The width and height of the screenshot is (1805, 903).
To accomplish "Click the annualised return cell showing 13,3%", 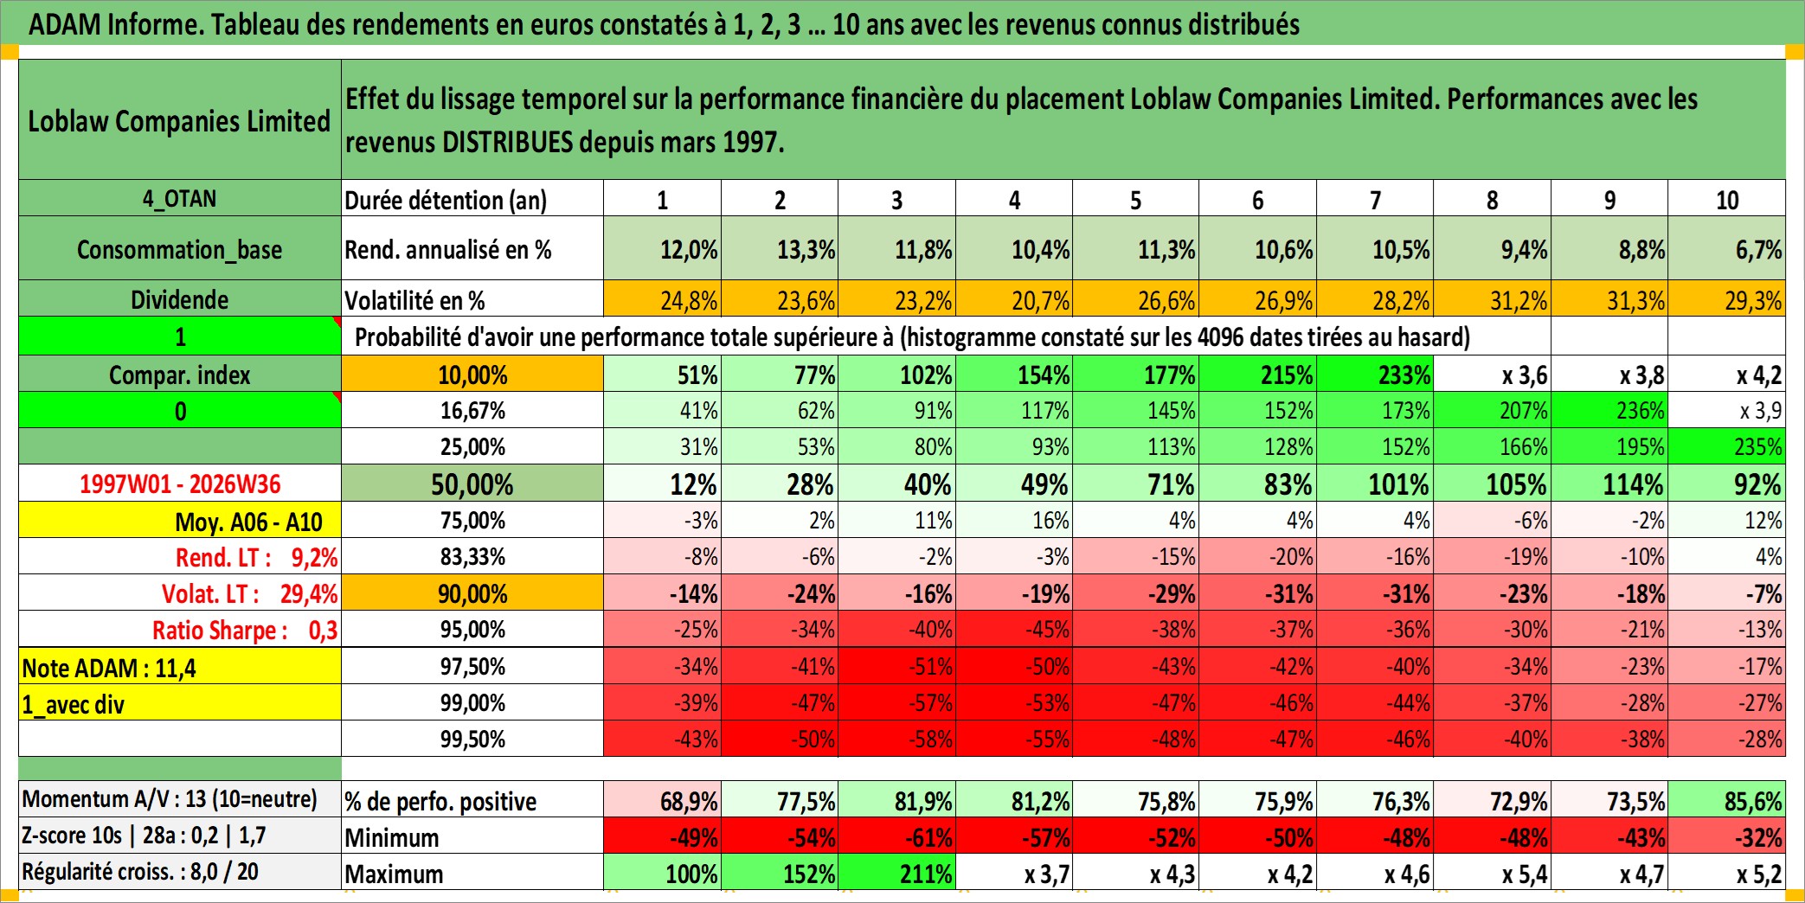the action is point(780,249).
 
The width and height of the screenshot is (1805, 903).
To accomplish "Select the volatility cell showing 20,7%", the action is point(1014,299).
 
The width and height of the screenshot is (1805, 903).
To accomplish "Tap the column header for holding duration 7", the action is point(1375,200).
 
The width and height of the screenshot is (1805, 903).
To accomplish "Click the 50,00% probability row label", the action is point(472,484).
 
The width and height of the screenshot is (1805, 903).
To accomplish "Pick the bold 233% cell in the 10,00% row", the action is point(1375,375).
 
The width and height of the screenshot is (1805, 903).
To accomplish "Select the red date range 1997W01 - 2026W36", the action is point(180,484).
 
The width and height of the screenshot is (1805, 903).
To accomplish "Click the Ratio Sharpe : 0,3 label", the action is point(245,630).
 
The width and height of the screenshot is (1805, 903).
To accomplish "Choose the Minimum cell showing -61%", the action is point(897,836).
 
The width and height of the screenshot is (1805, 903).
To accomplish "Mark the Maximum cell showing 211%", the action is point(897,873).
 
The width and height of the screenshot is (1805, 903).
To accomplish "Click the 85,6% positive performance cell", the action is point(1727,800).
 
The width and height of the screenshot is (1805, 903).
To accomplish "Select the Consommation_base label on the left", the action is point(180,249).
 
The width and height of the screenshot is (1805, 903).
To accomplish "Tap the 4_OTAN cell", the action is point(180,199).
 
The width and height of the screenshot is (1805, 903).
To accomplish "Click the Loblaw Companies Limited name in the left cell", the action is point(179,121).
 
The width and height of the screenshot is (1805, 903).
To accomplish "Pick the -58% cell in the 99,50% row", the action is point(897,739).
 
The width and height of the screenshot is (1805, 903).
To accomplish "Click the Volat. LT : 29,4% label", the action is point(249,593).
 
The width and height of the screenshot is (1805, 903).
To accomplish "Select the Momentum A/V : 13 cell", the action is point(170,798).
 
